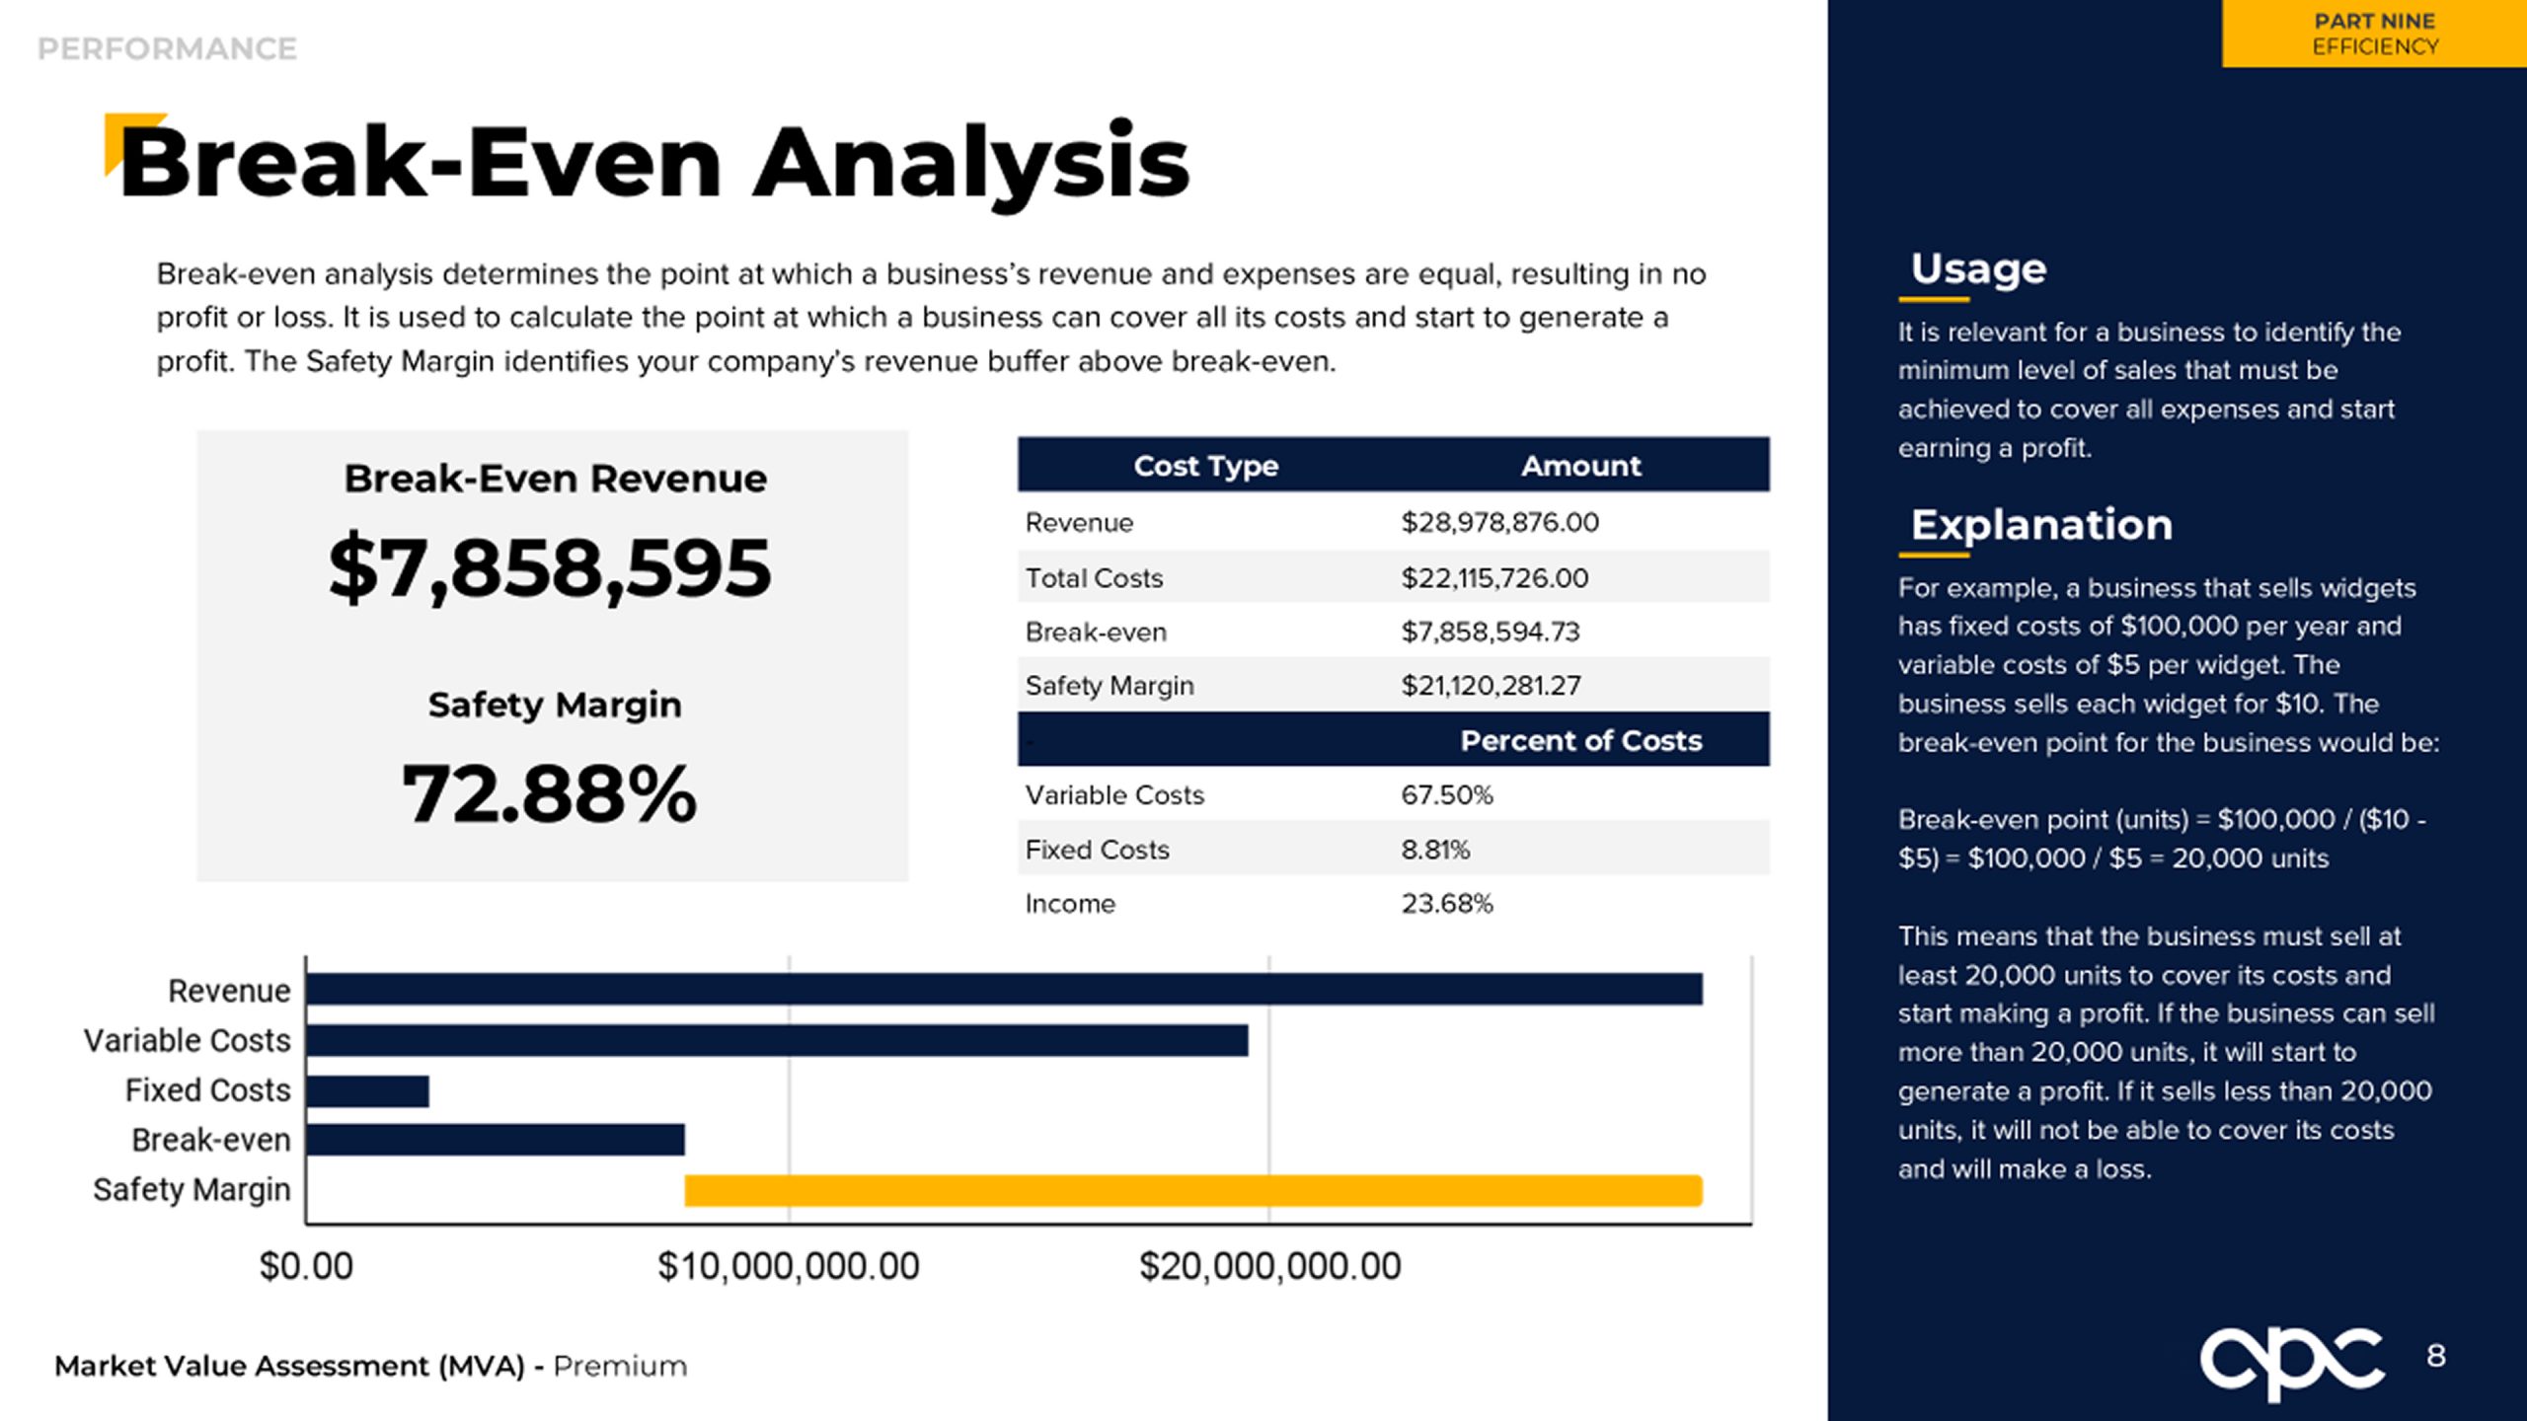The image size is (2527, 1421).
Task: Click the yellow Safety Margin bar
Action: tap(1192, 1190)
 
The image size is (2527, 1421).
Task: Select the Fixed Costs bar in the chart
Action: tap(367, 1090)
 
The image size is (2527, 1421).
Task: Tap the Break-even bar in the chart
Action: tap(495, 1140)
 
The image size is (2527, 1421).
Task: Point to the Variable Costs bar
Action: tap(776, 1040)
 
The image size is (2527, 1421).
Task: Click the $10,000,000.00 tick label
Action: tap(788, 1266)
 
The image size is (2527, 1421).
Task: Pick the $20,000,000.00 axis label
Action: tap(1269, 1266)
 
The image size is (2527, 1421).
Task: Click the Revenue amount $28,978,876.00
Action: tap(1499, 522)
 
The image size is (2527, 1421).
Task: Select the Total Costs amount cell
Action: tap(1494, 577)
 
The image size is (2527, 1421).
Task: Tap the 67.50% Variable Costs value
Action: tap(1446, 794)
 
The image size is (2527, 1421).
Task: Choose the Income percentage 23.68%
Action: tap(1446, 903)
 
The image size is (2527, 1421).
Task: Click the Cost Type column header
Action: tap(1205, 465)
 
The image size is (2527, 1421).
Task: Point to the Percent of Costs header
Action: tap(1580, 740)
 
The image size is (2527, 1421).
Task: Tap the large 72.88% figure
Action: tap(550, 794)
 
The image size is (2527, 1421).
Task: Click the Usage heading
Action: tap(1978, 268)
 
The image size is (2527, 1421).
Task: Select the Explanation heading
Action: tap(2041, 524)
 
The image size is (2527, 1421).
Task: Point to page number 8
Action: tap(2436, 1356)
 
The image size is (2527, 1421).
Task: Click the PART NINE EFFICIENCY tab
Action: tap(2374, 34)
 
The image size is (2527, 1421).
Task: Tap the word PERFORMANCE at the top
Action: tap(167, 48)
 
